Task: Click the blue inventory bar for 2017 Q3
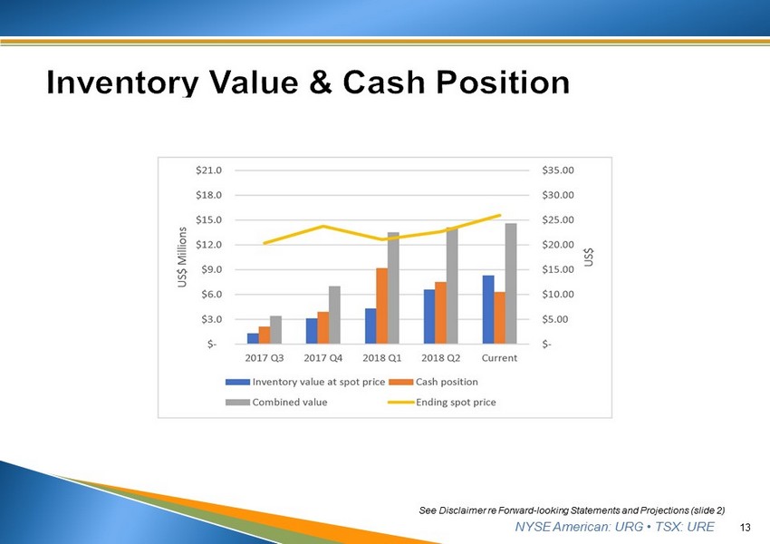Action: (x=253, y=338)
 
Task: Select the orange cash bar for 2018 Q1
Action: (x=382, y=306)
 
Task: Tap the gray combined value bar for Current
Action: (x=511, y=284)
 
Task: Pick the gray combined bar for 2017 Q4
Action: (x=334, y=315)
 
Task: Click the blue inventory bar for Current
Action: (x=488, y=309)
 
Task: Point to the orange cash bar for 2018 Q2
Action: (x=441, y=313)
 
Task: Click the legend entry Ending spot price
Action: (x=442, y=402)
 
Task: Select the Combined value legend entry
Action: (x=276, y=402)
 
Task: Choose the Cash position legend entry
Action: (x=433, y=382)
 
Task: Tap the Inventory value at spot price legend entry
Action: (x=305, y=382)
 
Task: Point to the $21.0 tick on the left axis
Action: (x=208, y=170)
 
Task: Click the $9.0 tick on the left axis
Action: (x=211, y=269)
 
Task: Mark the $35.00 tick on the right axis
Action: (x=558, y=170)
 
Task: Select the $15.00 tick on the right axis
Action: (x=558, y=269)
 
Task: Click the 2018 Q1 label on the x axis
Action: (x=382, y=358)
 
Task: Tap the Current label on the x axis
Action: (x=499, y=358)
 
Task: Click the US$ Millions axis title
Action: (x=182, y=257)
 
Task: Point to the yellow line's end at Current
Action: (x=500, y=215)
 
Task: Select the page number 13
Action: (x=745, y=528)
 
